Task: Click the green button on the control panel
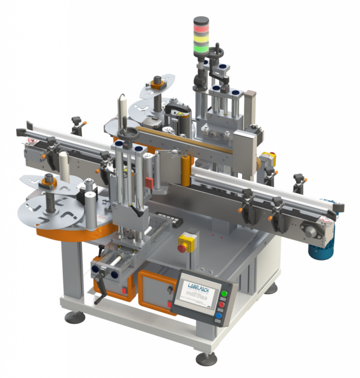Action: [224, 294]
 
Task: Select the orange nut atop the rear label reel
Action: [156, 85]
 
